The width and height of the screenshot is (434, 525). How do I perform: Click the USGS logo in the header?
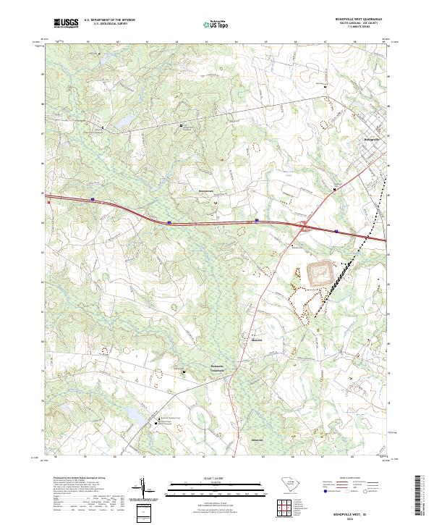(66, 23)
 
